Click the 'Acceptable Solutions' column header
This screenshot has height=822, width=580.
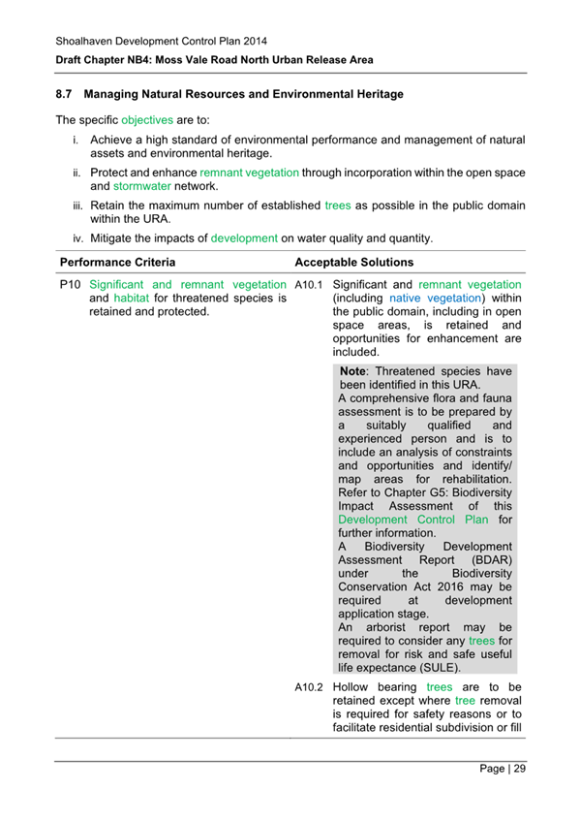click(353, 263)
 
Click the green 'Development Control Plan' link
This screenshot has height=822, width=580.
click(415, 520)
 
